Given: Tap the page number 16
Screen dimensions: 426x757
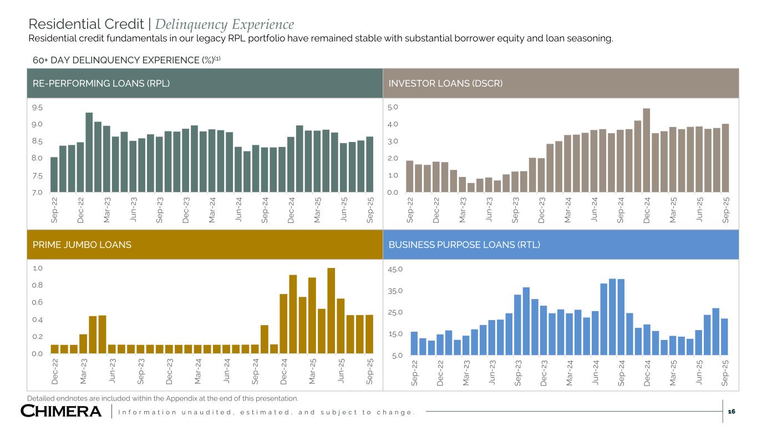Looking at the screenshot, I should [731, 411].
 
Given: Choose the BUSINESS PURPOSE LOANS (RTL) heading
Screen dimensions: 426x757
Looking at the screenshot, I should [464, 245].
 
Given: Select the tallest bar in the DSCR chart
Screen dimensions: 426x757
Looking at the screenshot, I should [647, 150].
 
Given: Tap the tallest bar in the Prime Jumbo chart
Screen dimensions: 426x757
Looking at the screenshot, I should [331, 311].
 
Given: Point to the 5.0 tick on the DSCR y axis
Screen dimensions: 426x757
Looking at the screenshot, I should [393, 107].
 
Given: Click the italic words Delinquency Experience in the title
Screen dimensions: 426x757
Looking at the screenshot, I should [225, 24].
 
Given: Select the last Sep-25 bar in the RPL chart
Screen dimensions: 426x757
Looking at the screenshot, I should [369, 165].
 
